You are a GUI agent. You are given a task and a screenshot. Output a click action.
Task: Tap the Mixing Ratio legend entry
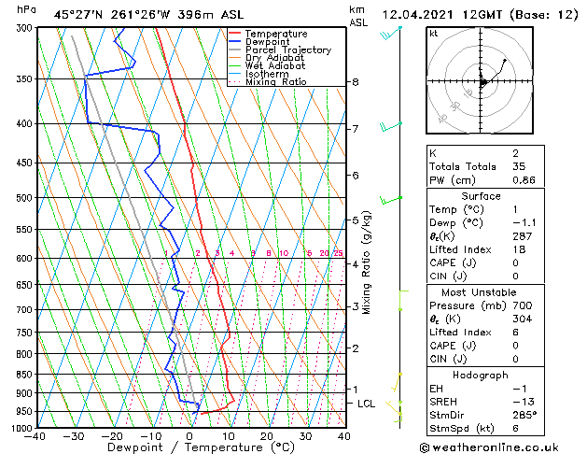tap(275, 82)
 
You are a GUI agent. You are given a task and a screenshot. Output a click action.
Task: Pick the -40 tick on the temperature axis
tap(37, 436)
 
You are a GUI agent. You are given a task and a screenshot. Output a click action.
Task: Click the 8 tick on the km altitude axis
tap(356, 82)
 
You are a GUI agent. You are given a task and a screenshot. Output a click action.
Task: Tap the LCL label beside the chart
tap(367, 404)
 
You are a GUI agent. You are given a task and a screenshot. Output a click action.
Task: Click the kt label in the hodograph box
tap(433, 33)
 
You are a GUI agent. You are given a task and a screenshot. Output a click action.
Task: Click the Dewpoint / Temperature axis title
tap(189, 447)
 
